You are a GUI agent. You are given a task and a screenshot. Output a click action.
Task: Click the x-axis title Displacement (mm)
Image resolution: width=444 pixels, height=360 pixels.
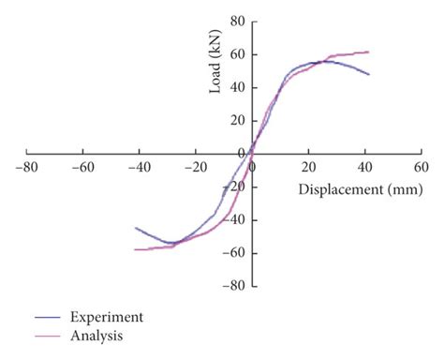point(356,189)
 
